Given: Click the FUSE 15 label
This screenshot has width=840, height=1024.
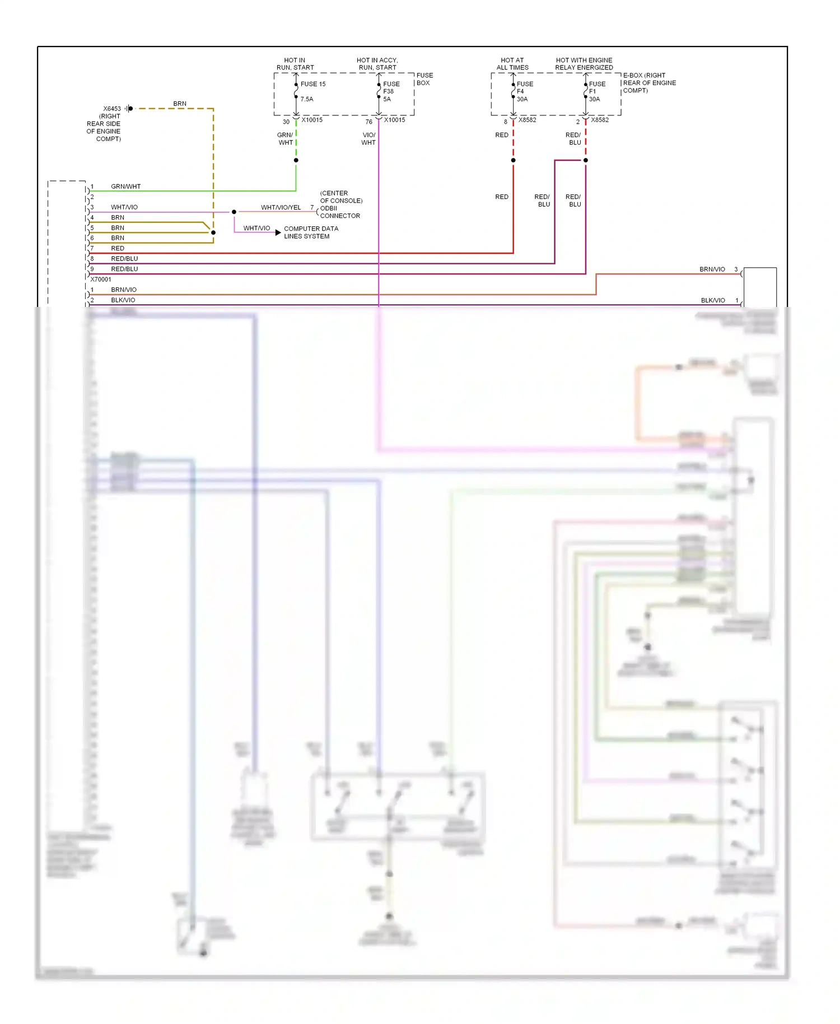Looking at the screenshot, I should pyautogui.click(x=312, y=84).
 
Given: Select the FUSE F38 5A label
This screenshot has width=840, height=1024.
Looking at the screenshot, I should pyautogui.click(x=391, y=91).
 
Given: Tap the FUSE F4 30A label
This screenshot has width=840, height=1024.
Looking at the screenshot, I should pyautogui.click(x=524, y=91).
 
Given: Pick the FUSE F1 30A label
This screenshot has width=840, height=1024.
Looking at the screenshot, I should pyautogui.click(x=596, y=91).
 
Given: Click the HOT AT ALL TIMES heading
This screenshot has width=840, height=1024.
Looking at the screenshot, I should pyautogui.click(x=512, y=64).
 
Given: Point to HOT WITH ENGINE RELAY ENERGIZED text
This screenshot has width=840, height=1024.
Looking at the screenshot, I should pyautogui.click(x=584, y=64).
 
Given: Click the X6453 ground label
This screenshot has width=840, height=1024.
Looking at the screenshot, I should pyautogui.click(x=111, y=109).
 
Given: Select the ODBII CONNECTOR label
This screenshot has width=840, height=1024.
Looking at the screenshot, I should pyautogui.click(x=339, y=212).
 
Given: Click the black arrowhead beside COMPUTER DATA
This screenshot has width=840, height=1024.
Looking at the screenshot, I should pyautogui.click(x=278, y=232).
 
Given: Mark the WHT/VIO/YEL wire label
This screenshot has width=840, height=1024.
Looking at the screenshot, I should pyautogui.click(x=281, y=207).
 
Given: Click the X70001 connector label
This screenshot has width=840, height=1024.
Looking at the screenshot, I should pyautogui.click(x=101, y=279).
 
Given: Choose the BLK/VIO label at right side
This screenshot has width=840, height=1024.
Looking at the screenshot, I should pyautogui.click(x=712, y=300).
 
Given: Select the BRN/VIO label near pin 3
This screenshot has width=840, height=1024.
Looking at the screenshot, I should pyautogui.click(x=712, y=269).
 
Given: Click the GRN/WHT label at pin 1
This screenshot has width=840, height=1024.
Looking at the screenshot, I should pyautogui.click(x=125, y=187).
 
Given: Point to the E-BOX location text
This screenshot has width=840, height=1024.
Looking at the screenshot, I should pyautogui.click(x=649, y=83).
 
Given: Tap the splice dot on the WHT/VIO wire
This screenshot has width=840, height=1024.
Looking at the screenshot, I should pyautogui.click(x=234, y=212).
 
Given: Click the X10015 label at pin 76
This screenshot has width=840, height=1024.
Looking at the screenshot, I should pyautogui.click(x=394, y=120).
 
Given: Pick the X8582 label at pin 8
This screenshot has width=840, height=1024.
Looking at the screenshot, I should pyautogui.click(x=527, y=120).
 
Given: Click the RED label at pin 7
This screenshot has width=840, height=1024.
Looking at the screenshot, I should pyautogui.click(x=118, y=248).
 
